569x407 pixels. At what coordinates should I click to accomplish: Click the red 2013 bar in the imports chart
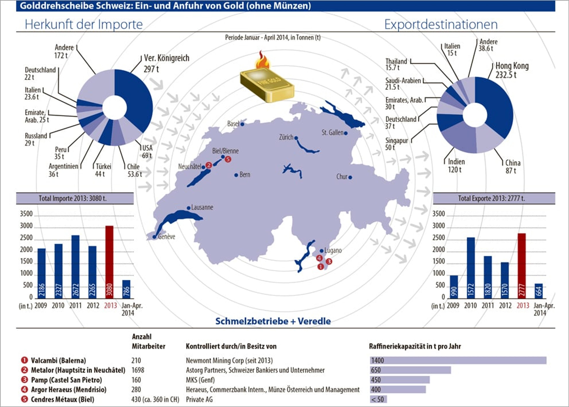109,262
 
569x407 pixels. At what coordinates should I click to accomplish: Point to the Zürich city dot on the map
296,138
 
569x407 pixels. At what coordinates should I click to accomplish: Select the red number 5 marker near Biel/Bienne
228,159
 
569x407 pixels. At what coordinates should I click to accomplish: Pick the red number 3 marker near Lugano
329,261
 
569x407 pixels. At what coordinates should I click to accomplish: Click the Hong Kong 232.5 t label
512,70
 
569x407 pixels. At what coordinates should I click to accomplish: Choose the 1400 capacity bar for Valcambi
458,360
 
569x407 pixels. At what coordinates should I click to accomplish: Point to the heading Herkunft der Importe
84,25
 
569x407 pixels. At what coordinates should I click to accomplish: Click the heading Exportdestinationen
441,25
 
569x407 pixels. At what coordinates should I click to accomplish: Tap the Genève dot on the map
154,237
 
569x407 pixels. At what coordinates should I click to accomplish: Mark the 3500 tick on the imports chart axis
26,214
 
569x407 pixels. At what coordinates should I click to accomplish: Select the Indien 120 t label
456,166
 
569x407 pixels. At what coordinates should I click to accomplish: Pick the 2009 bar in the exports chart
454,287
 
